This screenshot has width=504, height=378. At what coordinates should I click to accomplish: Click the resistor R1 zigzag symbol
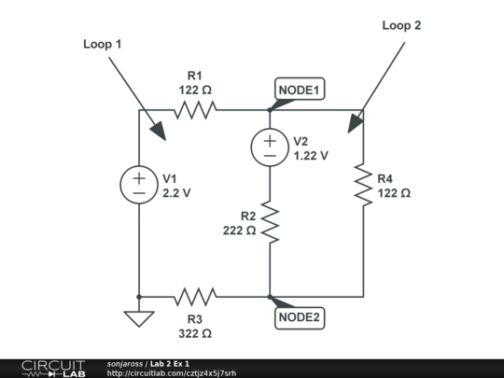pos(195,110)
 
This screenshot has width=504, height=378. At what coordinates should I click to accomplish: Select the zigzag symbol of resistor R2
pos(269,224)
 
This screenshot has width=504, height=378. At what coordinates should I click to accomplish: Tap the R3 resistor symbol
pos(195,297)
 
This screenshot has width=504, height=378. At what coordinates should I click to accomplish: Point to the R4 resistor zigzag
pos(362,184)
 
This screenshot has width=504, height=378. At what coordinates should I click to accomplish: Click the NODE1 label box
pos(300,90)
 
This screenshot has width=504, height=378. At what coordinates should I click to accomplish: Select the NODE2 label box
pos(300,317)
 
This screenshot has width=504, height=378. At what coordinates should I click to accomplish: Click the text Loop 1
pos(102,44)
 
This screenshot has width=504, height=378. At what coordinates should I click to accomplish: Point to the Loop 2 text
pos(401,25)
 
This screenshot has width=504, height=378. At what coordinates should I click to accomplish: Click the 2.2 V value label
pos(176,193)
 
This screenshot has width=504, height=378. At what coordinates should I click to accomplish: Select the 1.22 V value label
pos(311,156)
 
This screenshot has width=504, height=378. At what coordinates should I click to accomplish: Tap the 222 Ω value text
pos(239,230)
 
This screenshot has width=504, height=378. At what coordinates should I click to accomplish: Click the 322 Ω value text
pos(195,332)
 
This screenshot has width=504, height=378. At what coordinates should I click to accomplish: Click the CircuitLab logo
pos(52,367)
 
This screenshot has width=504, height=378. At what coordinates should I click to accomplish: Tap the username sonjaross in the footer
pos(125,363)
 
